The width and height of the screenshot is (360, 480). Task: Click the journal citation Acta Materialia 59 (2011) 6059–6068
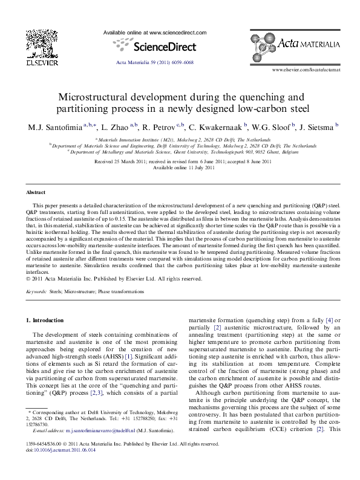(x=154, y=63)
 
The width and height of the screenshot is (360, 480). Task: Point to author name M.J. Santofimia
(x=53, y=128)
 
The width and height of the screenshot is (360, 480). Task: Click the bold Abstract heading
(x=35, y=192)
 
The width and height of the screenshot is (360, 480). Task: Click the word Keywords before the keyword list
(x=36, y=291)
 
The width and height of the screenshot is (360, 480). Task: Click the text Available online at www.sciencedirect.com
(x=155, y=32)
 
